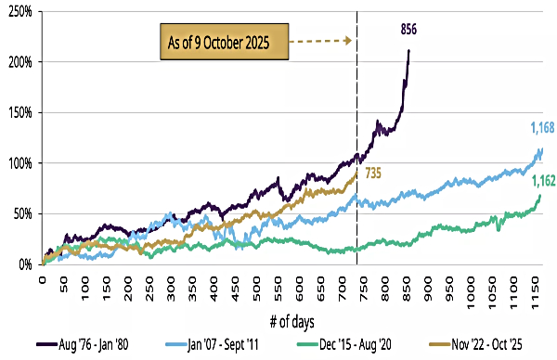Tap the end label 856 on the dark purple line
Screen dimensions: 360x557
pos(408,30)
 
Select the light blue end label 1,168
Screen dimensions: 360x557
pos(542,126)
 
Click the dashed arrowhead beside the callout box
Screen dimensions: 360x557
pos(347,41)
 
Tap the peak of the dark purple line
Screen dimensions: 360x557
pos(409,50)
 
